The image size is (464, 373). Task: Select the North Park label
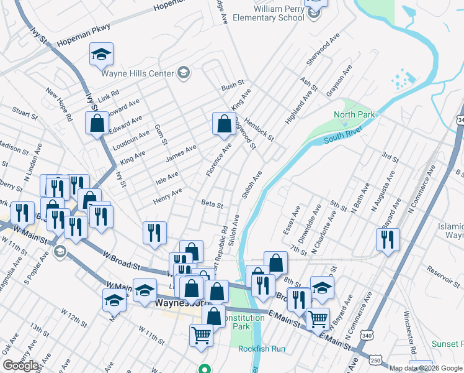(x=354, y=114)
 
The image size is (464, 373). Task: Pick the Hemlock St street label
(x=259, y=129)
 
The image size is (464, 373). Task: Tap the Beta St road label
(x=212, y=203)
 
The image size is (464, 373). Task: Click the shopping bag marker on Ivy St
(x=97, y=124)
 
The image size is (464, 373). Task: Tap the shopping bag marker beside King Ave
(x=223, y=124)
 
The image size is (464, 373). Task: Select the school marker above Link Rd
(x=101, y=55)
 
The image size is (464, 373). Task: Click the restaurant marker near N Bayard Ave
(x=387, y=239)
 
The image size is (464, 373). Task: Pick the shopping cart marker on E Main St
(x=318, y=318)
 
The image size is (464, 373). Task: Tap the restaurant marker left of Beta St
(x=154, y=233)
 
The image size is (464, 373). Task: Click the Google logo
(x=20, y=366)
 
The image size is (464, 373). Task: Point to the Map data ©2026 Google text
(x=426, y=368)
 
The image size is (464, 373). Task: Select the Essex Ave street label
(x=292, y=220)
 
